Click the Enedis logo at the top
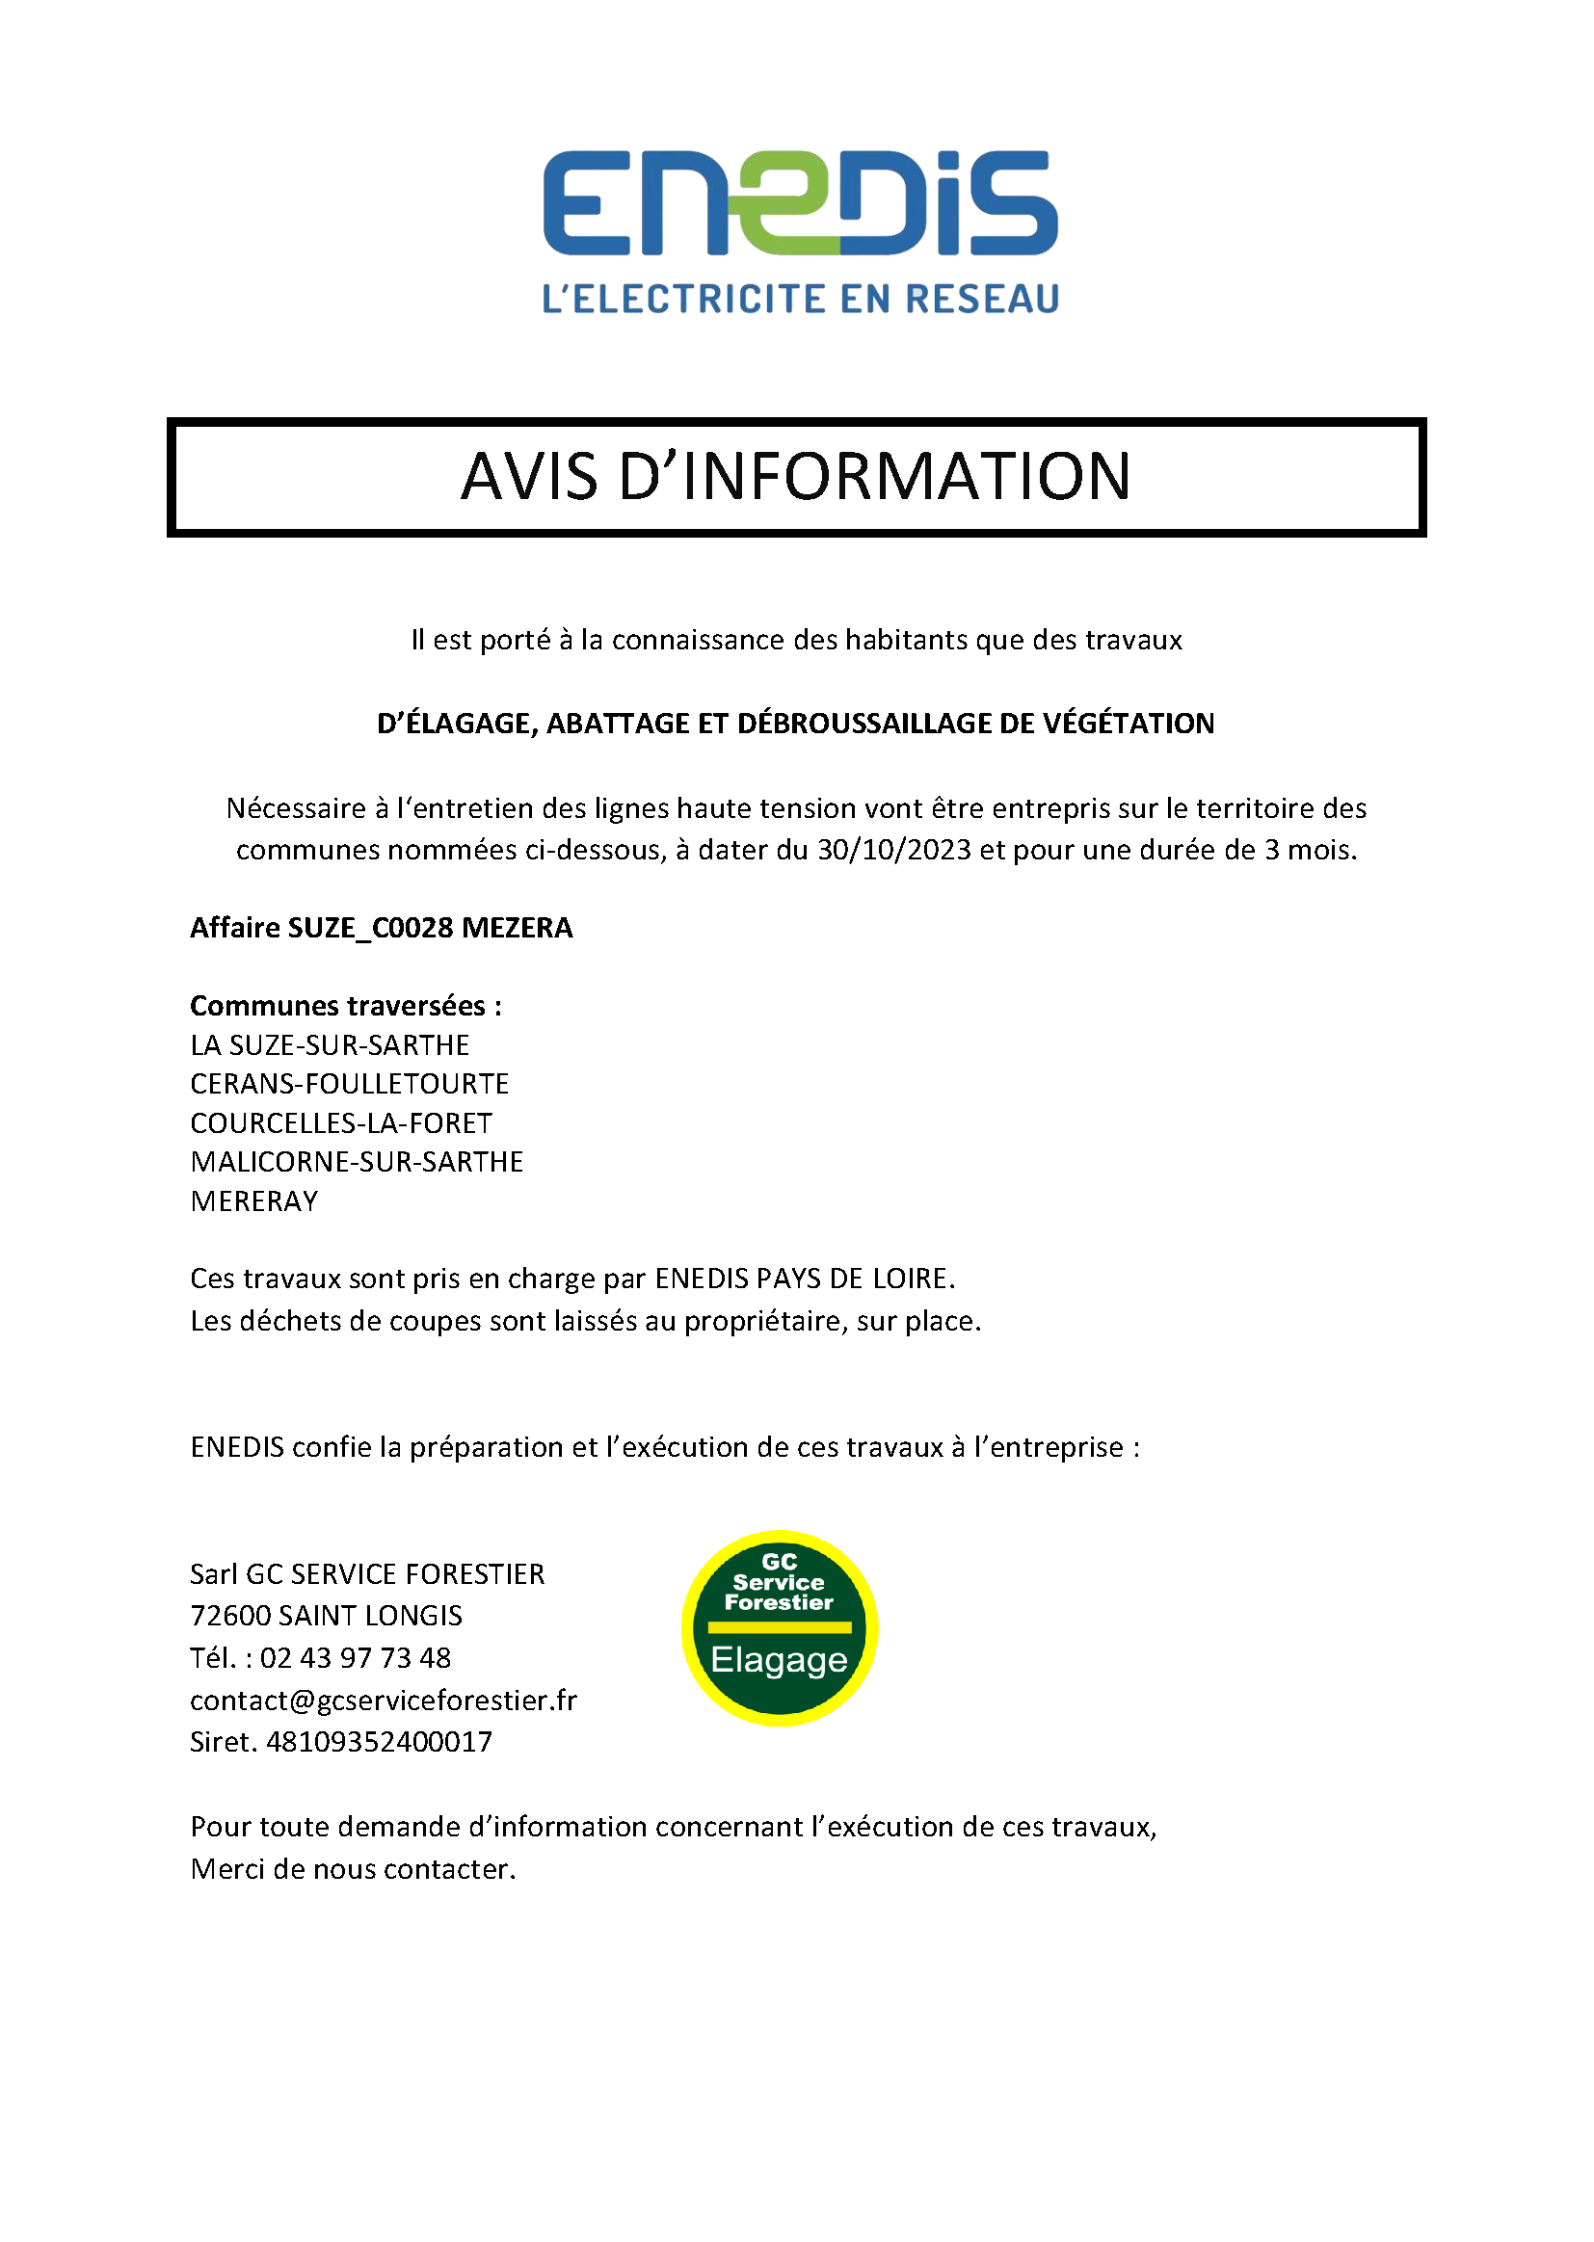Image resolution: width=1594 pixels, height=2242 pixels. [800, 203]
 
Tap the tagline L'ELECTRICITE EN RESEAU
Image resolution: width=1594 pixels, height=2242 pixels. [800, 300]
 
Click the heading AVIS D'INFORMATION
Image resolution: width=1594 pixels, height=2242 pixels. [796, 477]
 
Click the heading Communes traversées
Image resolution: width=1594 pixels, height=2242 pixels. [346, 1006]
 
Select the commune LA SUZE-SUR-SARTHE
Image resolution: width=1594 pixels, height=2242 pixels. [330, 1045]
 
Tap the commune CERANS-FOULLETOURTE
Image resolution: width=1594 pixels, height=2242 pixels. [350, 1084]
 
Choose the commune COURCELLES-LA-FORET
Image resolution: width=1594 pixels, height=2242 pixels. [340, 1123]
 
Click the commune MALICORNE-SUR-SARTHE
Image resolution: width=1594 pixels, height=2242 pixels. [357, 1162]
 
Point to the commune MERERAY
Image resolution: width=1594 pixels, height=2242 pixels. [254, 1200]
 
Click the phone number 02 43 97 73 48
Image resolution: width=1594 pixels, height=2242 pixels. [356, 1658]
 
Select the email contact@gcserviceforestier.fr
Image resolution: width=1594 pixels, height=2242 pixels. [383, 1701]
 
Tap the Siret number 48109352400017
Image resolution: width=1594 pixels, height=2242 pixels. [379, 1742]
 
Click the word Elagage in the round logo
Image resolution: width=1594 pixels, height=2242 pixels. [780, 1659]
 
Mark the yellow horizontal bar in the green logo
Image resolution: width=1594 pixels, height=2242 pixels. [780, 1627]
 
